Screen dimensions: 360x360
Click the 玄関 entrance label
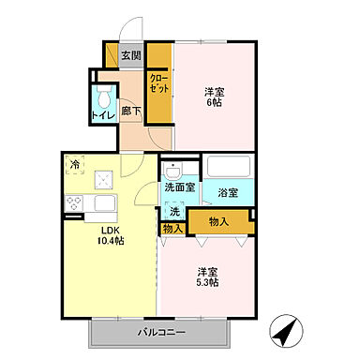pos(131,54)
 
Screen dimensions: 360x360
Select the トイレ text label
pos(101,116)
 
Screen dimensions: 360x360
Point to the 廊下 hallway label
pos(131,112)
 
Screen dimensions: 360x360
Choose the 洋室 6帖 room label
pos(215,97)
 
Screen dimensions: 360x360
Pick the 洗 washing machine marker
pos(173,211)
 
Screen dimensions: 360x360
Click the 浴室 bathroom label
pos(228,193)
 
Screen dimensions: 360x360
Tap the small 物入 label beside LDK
pos(172,228)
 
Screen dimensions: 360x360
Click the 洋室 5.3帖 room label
pos(207,275)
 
